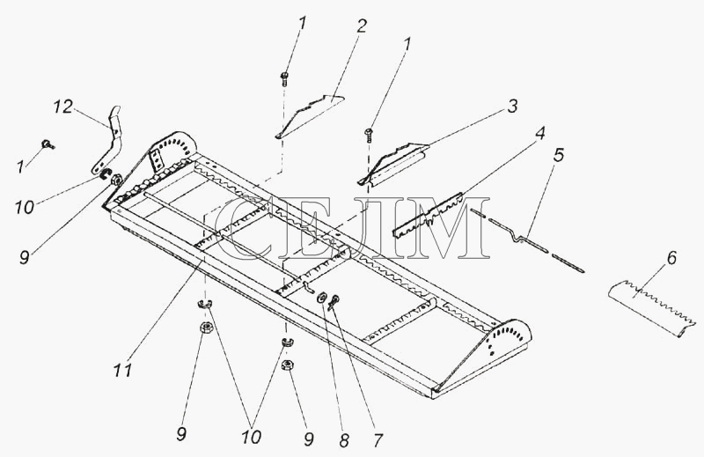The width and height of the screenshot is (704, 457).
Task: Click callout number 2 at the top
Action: pos(362,27)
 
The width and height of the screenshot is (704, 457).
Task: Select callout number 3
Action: pos(512,106)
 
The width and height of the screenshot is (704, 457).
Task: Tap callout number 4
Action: pos(540,133)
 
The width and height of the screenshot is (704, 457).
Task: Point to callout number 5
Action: pos(559,156)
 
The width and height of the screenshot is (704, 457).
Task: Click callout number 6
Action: pos(671,258)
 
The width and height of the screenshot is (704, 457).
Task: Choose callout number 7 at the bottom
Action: pos(378,440)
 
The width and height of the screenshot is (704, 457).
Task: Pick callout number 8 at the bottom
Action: pos(344,441)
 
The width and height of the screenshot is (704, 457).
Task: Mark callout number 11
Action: pos(122,371)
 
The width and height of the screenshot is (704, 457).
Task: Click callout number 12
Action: pos(62,107)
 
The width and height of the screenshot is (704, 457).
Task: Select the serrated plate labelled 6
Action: pos(651,308)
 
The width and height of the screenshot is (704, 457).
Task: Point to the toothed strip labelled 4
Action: pos(428,215)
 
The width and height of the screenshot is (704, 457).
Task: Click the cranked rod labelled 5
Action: pos(527,240)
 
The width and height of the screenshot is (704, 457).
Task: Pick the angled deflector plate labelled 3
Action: pos(392,164)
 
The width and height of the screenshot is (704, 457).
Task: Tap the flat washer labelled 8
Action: pos(322,298)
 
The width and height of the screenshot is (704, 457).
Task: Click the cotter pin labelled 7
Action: pos(334,302)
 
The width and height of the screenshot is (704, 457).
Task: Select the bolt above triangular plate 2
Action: pos(284,79)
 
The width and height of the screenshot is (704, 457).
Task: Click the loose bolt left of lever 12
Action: pos(48,144)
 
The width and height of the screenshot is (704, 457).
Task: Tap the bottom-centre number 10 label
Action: pos(251,437)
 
